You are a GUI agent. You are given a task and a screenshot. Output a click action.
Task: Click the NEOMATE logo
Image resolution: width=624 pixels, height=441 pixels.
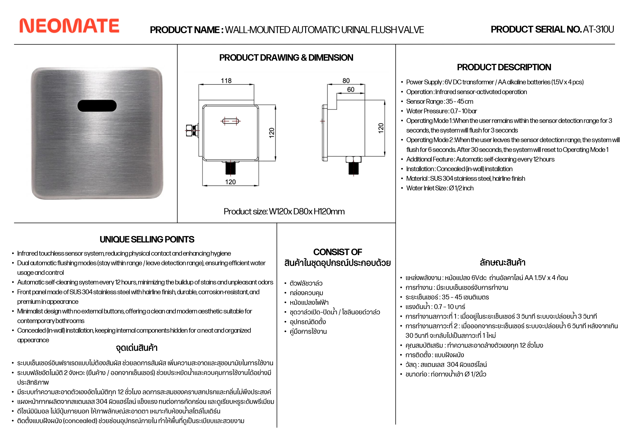click(x=69, y=26)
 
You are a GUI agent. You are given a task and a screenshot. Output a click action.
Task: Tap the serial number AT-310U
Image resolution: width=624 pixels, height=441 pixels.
click(x=598, y=29)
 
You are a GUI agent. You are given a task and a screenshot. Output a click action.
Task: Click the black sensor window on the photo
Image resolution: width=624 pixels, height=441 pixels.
click(x=97, y=106)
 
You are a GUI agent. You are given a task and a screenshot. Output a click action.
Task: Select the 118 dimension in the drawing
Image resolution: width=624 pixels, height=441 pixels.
click(x=226, y=81)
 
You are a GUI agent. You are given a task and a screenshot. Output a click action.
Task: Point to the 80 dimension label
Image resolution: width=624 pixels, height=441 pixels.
click(x=346, y=81)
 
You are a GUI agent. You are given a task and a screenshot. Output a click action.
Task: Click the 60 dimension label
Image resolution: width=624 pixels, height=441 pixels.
click(x=351, y=89)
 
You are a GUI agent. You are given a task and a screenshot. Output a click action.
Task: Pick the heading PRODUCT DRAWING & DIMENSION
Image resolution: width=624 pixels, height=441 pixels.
click(x=286, y=58)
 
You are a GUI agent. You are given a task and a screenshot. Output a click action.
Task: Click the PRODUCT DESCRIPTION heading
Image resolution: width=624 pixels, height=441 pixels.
click(x=504, y=67)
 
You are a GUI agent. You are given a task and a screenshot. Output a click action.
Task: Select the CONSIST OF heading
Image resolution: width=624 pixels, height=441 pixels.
click(x=338, y=252)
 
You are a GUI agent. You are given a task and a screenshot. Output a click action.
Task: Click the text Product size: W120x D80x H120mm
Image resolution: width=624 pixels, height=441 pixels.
click(x=284, y=212)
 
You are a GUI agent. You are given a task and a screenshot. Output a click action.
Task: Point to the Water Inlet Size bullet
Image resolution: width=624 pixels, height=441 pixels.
click(x=440, y=188)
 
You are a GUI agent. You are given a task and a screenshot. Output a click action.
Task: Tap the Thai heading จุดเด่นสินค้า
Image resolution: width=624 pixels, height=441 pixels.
click(x=137, y=348)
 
